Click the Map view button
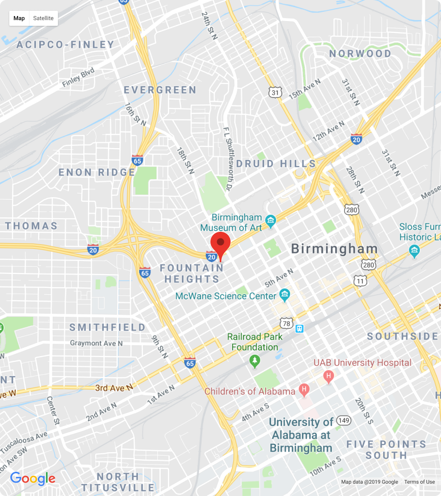click(x=19, y=18)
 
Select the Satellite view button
click(x=43, y=18)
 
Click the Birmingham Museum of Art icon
click(x=270, y=221)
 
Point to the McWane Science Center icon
click(x=284, y=296)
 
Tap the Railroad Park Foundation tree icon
click(x=254, y=361)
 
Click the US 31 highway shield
click(x=276, y=92)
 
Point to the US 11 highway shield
click(x=360, y=280)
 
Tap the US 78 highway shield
click(x=286, y=324)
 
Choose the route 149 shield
click(x=343, y=420)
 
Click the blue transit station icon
click(x=299, y=328)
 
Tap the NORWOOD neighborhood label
click(x=360, y=54)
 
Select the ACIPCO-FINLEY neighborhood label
click(x=65, y=44)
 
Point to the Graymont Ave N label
click(x=96, y=343)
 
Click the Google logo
click(x=33, y=478)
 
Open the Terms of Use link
click(x=419, y=482)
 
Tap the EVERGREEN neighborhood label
click(x=160, y=90)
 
